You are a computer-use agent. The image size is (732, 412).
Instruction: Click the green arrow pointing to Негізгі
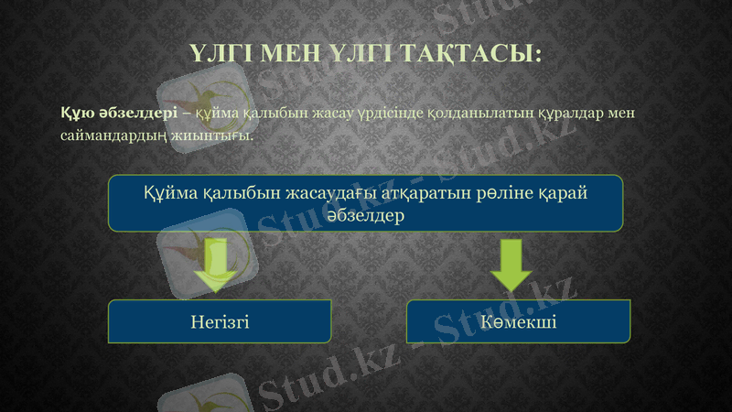[x=217, y=265]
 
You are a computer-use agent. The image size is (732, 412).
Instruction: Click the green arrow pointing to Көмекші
[x=511, y=265]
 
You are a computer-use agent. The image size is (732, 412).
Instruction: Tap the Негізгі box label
[x=220, y=321]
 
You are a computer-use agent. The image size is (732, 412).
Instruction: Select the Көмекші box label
[x=519, y=321]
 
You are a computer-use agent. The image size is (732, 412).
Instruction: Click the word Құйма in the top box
[x=169, y=193]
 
